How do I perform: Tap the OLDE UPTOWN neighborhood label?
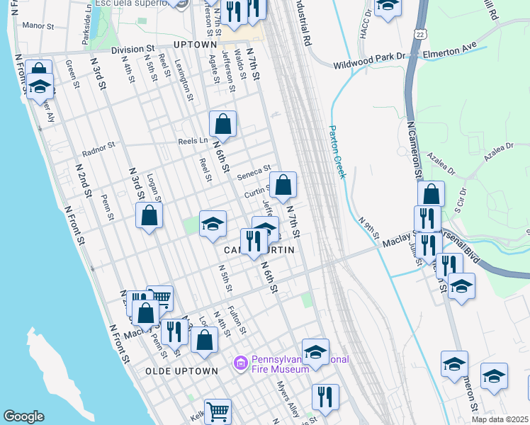(181, 371)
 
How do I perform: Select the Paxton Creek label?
(337, 152)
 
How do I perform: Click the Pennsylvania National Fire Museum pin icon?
(240, 364)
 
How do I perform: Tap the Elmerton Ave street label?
(451, 52)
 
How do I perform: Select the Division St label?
(132, 50)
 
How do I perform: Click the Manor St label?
(38, 26)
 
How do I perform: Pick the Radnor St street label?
(98, 149)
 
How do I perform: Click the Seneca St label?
(257, 170)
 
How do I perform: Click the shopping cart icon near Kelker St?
(219, 410)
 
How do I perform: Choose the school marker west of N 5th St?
(212, 224)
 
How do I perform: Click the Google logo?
(23, 416)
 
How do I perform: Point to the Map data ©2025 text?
(500, 419)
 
